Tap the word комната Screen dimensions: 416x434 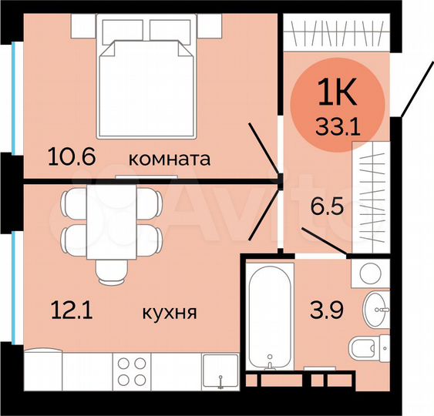(169, 159)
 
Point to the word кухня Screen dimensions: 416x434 (170, 314)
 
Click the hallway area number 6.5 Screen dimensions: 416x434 (325, 206)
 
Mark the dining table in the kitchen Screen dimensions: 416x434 (112, 222)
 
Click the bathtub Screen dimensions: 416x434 (269, 320)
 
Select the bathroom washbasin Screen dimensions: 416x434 (377, 310)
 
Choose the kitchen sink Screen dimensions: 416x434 (220, 371)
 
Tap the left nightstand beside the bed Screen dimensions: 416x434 (82, 26)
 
